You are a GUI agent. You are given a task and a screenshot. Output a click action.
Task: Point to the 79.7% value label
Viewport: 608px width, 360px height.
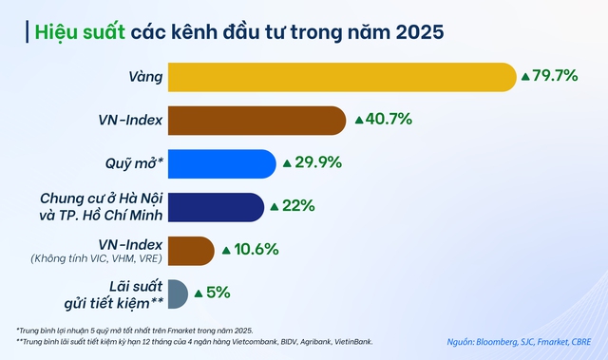coord(556,76)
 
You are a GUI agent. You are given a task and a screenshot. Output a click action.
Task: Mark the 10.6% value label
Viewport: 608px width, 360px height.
coord(256,250)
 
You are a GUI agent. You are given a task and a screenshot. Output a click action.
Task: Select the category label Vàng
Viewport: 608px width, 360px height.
coord(145,76)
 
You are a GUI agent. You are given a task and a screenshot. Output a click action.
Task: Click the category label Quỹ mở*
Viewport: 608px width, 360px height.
coord(133,163)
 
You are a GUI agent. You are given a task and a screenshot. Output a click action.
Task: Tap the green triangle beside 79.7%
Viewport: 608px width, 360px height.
coord(524,76)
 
